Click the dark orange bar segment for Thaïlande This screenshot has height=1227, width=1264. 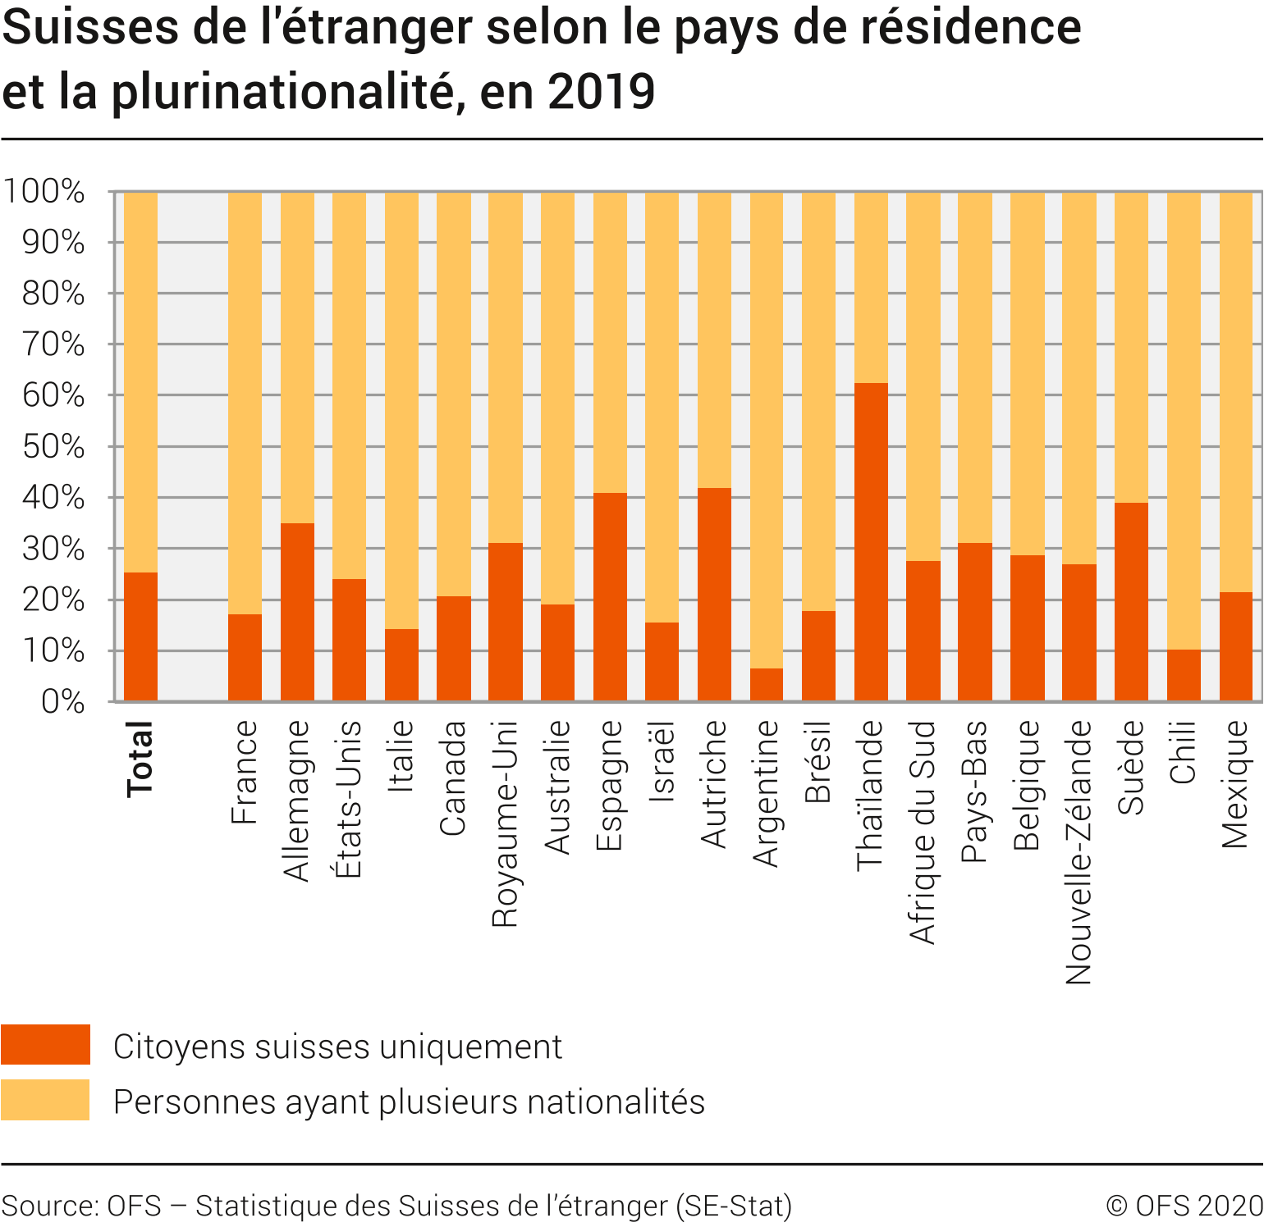[x=871, y=541]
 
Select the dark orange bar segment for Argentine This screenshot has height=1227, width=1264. [x=767, y=685]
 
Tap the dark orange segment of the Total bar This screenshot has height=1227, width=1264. [x=140, y=636]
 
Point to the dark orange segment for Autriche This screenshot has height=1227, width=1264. [x=714, y=595]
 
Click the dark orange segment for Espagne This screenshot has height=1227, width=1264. [x=610, y=597]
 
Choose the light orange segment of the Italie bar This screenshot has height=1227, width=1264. [x=401, y=410]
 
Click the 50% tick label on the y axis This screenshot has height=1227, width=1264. [x=53, y=447]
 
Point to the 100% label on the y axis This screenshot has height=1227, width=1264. [x=45, y=192]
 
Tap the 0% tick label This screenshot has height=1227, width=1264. [x=63, y=702]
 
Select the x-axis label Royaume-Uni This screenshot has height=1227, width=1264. [x=506, y=823]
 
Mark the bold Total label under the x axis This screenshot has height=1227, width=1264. [x=140, y=759]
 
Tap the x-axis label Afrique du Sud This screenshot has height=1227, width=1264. [x=923, y=832]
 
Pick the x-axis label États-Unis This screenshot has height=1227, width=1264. [x=349, y=799]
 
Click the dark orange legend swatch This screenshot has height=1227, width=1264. [x=45, y=1044]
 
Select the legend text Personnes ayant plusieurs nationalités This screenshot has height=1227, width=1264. [x=409, y=1102]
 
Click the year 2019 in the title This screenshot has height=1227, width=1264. [x=601, y=91]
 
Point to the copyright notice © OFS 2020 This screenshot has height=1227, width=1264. [x=1184, y=1205]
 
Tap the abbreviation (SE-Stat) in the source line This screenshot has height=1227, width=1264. [x=734, y=1205]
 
